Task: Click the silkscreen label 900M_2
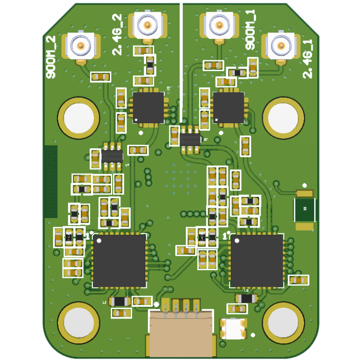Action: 51,57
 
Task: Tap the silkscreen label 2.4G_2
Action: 117,34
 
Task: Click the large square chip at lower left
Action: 119,261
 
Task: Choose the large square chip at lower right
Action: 257,261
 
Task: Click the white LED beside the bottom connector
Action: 233,329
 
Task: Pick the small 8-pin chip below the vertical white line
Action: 190,139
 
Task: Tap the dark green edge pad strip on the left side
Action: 51,181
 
